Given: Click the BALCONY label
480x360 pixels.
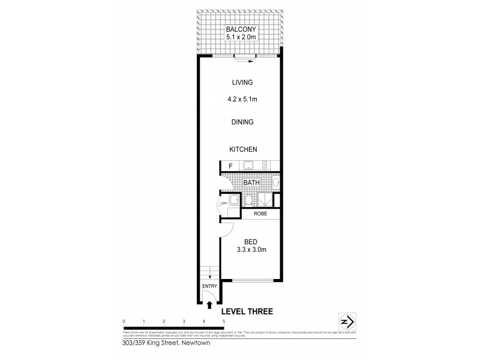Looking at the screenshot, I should [239, 29].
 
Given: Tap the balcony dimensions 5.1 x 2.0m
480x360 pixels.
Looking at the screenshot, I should [239, 38].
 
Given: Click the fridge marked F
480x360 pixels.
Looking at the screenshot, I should [229, 166].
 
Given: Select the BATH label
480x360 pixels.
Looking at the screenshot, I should [251, 182].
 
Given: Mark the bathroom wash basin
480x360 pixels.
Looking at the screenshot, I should [275, 182].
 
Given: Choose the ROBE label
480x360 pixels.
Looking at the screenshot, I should [260, 213].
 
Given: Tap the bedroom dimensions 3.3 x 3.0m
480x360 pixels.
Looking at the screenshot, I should [250, 248].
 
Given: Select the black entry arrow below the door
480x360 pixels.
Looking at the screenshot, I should [209, 304].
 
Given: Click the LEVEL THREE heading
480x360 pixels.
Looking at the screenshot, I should [248, 311].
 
